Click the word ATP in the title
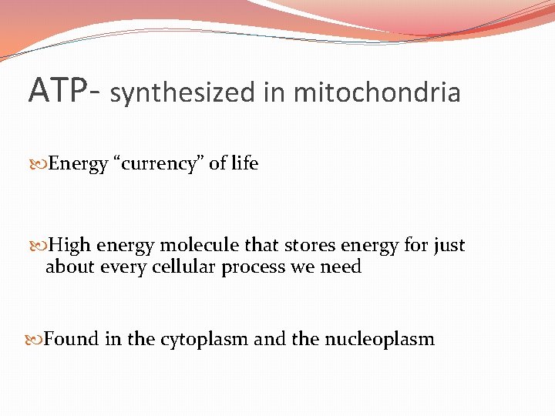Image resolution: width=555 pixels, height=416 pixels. tap(52, 90)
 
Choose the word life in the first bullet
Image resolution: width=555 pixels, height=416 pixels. tap(244, 163)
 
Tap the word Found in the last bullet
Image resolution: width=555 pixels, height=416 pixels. tap(72, 339)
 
